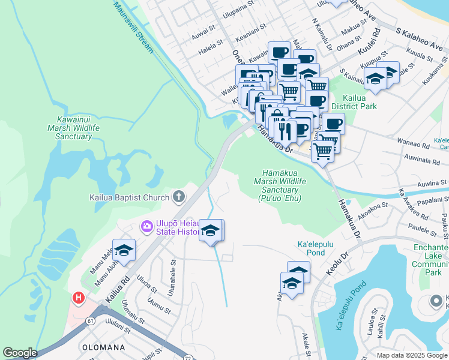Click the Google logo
tap(20, 353)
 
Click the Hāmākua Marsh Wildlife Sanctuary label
tap(280, 185)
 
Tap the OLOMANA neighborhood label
tap(103, 347)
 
